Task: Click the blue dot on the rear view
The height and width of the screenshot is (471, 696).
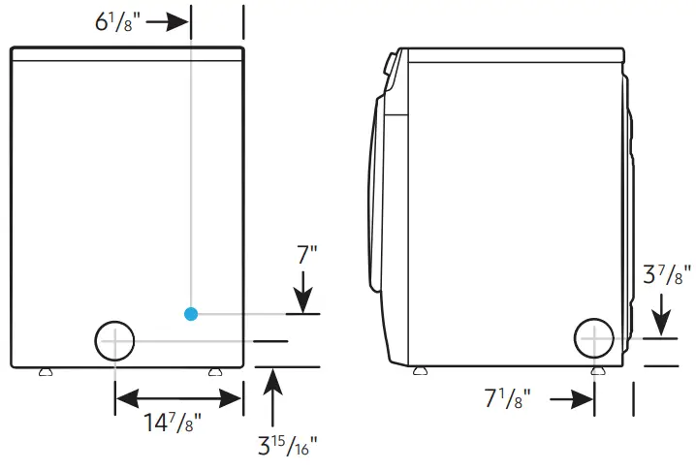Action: (x=191, y=313)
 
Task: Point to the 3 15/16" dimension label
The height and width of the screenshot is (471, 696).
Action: (x=287, y=448)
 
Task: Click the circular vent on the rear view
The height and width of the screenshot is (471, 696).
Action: (x=114, y=341)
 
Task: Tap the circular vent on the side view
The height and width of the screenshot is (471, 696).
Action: (x=593, y=338)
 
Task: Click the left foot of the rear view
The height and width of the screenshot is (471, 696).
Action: (x=44, y=371)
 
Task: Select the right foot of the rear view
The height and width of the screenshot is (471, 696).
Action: (x=213, y=371)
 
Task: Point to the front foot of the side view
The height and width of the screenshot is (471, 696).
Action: (x=419, y=371)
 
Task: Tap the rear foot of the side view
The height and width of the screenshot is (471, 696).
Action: (x=593, y=371)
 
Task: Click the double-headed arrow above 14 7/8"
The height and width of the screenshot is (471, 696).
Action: (x=178, y=397)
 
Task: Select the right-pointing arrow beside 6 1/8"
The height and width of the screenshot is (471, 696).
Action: (x=167, y=21)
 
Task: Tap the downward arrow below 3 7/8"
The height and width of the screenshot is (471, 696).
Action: (x=661, y=314)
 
